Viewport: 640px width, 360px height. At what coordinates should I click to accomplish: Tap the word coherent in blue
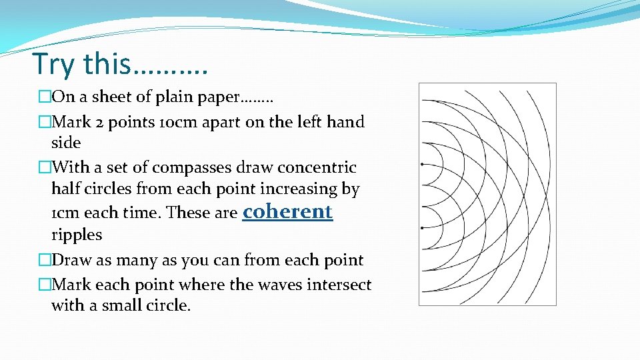click(x=287, y=211)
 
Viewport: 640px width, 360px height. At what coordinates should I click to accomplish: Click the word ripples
click(x=77, y=235)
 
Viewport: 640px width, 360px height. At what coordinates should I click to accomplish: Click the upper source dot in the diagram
click(x=423, y=163)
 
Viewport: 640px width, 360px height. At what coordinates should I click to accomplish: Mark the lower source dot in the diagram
click(x=423, y=228)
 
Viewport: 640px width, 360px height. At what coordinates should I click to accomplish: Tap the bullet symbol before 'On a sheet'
click(x=45, y=97)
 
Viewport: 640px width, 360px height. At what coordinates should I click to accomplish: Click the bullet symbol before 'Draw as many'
click(x=45, y=261)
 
